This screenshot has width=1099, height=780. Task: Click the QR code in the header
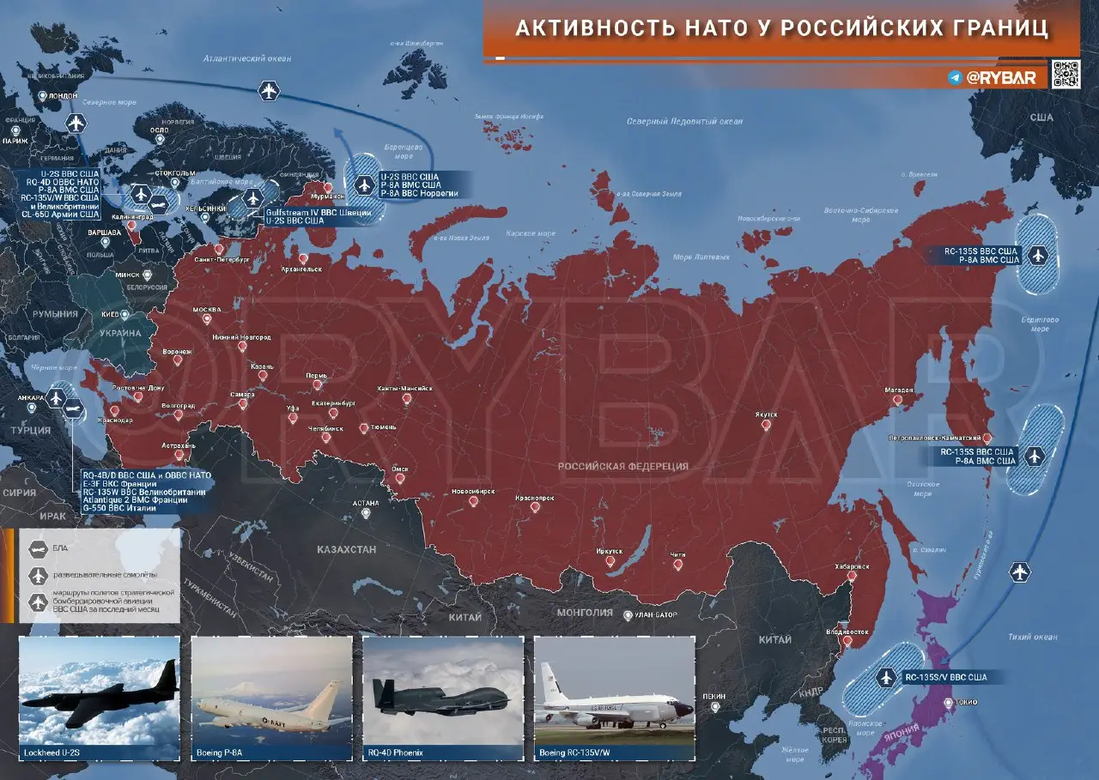(1066, 75)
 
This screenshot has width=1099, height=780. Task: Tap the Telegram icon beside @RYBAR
(955, 77)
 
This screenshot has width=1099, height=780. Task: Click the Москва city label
(207, 310)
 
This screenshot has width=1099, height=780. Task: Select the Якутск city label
(767, 414)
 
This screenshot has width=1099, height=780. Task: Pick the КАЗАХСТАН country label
(346, 549)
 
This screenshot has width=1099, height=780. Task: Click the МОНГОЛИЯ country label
(585, 614)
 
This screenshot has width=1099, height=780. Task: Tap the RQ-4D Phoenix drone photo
(443, 691)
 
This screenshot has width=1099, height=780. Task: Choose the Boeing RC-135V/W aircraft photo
(614, 691)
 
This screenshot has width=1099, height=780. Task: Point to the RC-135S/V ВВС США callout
(947, 677)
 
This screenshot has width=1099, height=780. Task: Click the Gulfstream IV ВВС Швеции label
(319, 212)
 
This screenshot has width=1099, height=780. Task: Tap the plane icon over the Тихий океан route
(1020, 571)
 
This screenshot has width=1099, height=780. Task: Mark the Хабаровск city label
(852, 566)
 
